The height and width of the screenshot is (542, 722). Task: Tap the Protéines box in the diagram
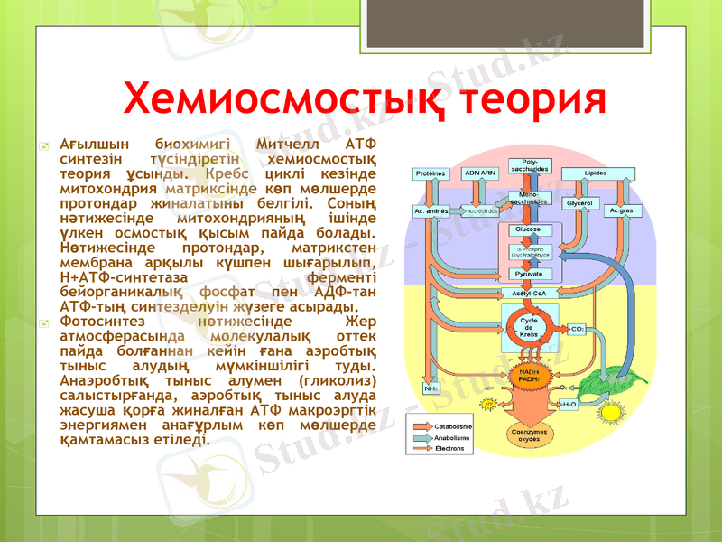pyautogui.click(x=430, y=173)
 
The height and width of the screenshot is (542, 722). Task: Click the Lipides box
pyautogui.click(x=596, y=173)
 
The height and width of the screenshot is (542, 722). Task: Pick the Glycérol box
pyautogui.click(x=579, y=204)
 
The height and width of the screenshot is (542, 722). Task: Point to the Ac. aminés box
pyautogui.click(x=431, y=210)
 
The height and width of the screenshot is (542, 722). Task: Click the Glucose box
pyautogui.click(x=529, y=229)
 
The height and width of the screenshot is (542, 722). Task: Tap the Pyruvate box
pyautogui.click(x=529, y=273)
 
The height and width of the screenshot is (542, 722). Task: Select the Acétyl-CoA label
pyautogui.click(x=529, y=294)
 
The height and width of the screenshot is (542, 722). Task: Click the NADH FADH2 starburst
pyautogui.click(x=529, y=376)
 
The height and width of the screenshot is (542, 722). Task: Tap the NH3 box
pyautogui.click(x=431, y=388)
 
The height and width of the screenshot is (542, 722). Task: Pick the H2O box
pyautogui.click(x=570, y=406)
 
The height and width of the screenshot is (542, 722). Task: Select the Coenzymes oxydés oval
pyautogui.click(x=529, y=436)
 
